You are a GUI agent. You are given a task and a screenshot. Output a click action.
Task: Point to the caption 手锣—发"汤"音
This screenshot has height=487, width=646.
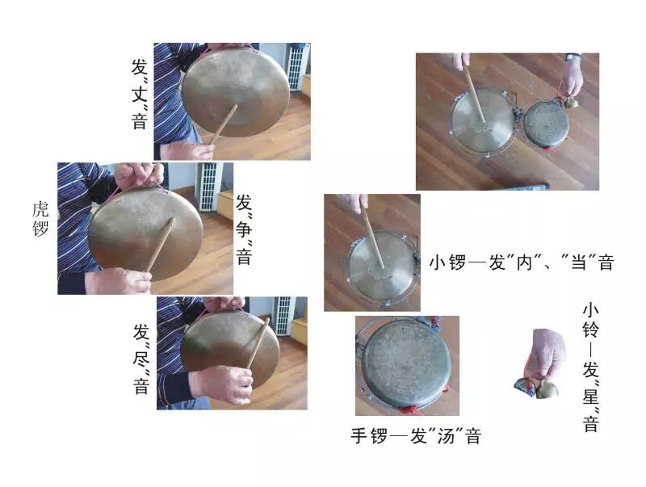[415, 437]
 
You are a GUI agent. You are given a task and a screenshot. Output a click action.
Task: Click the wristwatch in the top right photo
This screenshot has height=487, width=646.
[573, 57]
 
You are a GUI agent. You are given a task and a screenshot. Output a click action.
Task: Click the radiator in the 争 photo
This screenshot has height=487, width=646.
[208, 186]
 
